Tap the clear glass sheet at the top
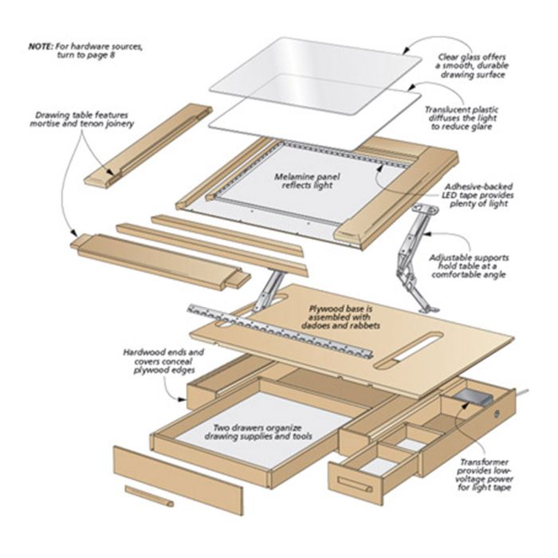coord(316,76)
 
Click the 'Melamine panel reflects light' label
coord(307,181)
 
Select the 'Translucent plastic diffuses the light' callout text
coord(462,118)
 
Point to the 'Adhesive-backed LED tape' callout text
coord(478,195)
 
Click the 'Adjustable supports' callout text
coord(469,266)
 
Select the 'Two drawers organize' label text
coord(257,432)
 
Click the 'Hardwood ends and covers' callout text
coord(164,361)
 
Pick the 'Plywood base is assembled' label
coord(340,316)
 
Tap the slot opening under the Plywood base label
coord(408,350)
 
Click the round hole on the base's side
coord(497,414)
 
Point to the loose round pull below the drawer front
coord(150,496)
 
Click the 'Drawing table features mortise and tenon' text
coord(81,120)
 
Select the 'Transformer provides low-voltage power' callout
coord(484,475)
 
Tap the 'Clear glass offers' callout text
coord(472,66)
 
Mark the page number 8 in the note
coord(112,55)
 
